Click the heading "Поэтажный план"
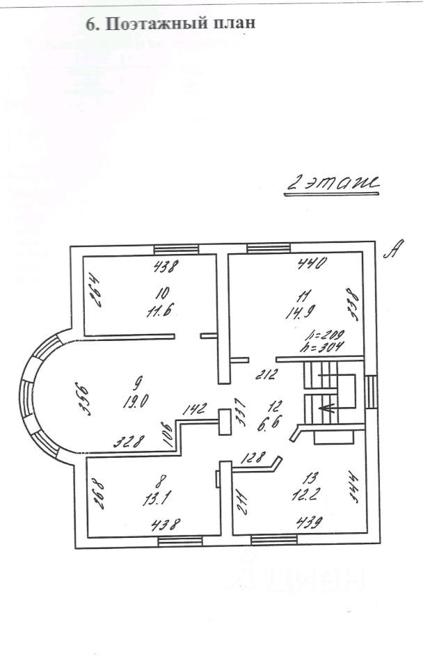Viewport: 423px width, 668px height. (x=170, y=23)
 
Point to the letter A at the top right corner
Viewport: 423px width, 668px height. (x=392, y=250)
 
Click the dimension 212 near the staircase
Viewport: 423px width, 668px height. (x=266, y=376)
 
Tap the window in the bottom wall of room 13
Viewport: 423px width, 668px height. (x=273, y=539)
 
